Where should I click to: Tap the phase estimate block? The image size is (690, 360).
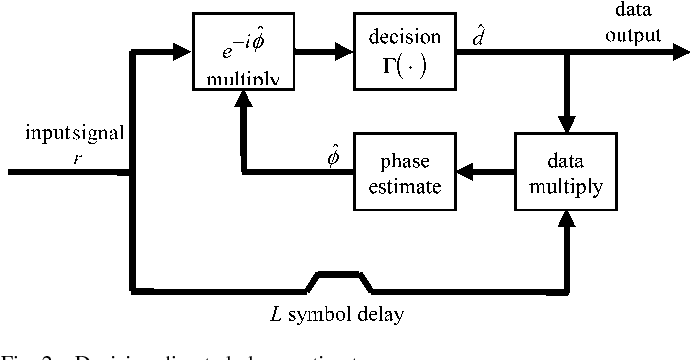click(x=405, y=171)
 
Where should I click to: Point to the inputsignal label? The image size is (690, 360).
click(x=61, y=133)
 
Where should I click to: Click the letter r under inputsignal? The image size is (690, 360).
click(x=62, y=153)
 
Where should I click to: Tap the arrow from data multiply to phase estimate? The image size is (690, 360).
click(x=475, y=172)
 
